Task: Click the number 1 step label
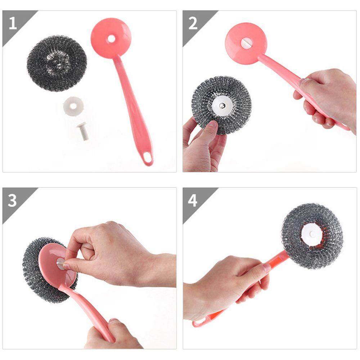13,23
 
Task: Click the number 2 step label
193,23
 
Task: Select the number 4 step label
192,201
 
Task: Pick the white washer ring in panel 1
73,106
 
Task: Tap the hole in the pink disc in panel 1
111,39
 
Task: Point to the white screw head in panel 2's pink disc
247,43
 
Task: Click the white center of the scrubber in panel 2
222,105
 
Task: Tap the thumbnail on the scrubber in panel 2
213,124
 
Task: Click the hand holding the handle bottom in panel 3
110,335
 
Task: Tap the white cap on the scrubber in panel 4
312,234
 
